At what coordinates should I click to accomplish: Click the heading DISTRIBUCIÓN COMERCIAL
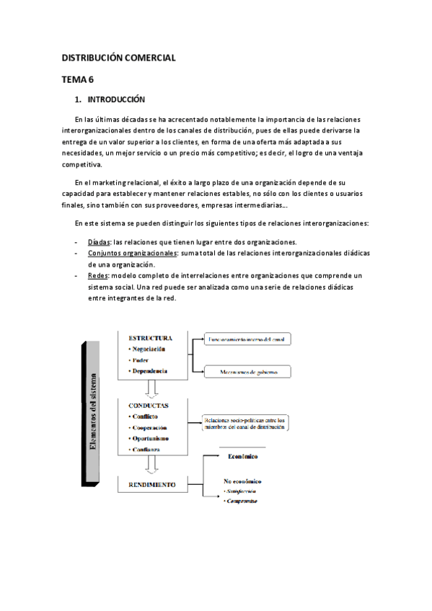(118, 57)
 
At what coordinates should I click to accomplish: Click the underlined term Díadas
(100, 242)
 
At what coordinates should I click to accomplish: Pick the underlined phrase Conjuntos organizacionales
(132, 254)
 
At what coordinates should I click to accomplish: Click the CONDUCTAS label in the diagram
(149, 406)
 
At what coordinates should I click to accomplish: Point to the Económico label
(242, 456)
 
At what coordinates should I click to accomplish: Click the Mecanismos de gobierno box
(247, 372)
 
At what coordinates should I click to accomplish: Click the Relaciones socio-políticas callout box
(245, 423)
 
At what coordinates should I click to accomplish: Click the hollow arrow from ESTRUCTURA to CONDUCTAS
(151, 388)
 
